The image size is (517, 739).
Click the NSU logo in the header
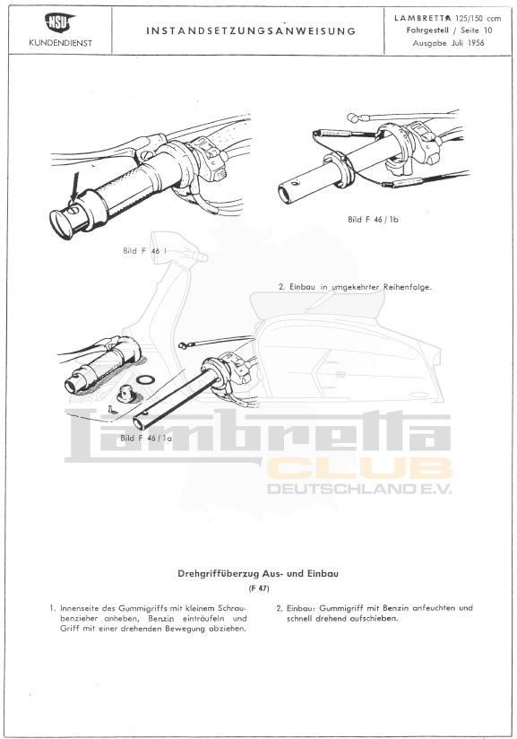coord(60,22)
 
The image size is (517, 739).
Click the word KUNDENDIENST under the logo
coord(60,43)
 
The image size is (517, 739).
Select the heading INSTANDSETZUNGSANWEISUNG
coord(251,31)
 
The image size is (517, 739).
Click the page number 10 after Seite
coord(487,30)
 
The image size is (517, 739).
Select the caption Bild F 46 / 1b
coord(373,219)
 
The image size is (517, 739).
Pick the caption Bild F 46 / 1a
coord(146,438)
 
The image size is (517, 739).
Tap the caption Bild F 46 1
coord(144,251)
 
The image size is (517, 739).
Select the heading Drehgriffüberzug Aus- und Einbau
coord(258,574)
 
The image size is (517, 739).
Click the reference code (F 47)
coord(259,588)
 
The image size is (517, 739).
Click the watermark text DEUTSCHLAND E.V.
coord(359,488)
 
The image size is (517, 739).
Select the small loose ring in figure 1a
coord(143,379)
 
